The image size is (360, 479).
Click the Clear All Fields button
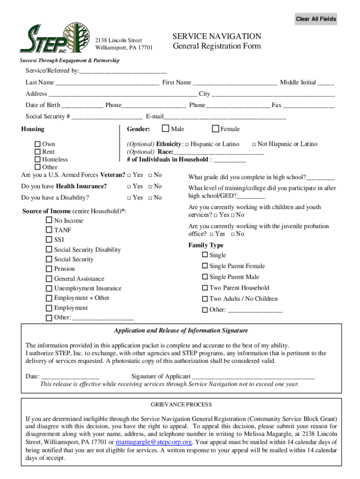point(316,19)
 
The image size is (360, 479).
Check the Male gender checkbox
point(166,129)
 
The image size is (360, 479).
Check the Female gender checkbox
point(216,129)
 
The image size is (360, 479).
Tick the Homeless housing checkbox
point(37,160)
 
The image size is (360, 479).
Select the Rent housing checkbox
point(37,152)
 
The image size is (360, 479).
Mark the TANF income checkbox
point(49,230)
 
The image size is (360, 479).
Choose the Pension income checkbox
point(49,269)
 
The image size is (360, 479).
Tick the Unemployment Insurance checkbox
point(49,289)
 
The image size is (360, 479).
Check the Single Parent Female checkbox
point(205,266)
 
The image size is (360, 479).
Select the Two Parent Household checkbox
point(205,288)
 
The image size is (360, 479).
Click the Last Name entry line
point(107,83)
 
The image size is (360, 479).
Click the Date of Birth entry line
point(82,105)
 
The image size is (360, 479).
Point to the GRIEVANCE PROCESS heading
point(181,405)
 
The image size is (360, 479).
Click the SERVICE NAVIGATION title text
point(216,36)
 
